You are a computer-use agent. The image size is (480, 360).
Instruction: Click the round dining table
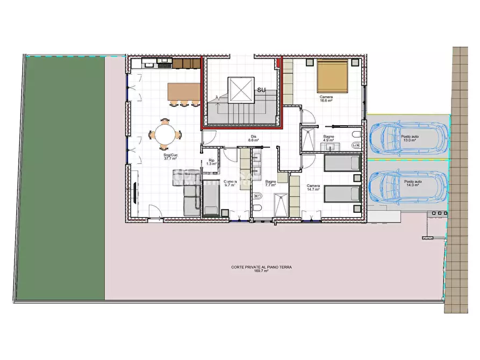[x=165, y=134]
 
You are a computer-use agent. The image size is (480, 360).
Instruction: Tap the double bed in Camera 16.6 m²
[x=333, y=76]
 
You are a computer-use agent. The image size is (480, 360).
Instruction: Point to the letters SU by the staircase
[x=262, y=90]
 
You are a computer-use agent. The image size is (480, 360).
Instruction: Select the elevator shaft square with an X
[x=241, y=89]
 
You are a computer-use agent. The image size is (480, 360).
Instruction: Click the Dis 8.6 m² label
[x=254, y=138]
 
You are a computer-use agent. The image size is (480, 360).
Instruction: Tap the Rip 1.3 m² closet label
[x=212, y=162]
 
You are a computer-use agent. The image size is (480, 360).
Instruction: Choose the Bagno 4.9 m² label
[x=329, y=140]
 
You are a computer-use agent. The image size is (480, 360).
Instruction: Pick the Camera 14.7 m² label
[x=313, y=188]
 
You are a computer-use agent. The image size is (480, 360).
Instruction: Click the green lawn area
[x=65, y=177]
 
